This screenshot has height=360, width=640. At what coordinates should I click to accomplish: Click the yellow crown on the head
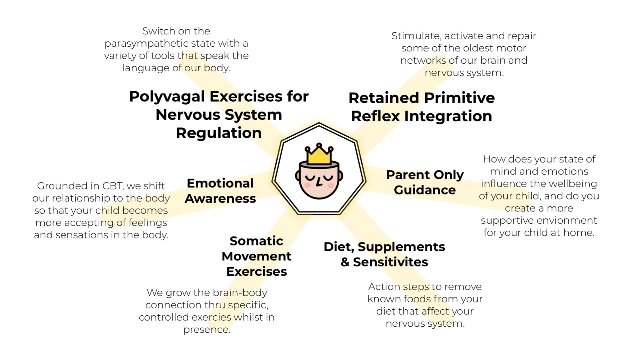click(319, 155)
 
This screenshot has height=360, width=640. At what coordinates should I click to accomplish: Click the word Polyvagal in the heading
click(167, 97)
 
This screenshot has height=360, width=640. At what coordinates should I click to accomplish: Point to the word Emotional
click(220, 183)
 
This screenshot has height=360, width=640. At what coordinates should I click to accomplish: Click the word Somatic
click(256, 241)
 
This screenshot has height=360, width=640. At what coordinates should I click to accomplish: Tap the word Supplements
click(401, 247)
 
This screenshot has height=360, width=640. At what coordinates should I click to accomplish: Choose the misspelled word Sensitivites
click(390, 262)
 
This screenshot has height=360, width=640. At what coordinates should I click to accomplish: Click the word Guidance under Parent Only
click(425, 190)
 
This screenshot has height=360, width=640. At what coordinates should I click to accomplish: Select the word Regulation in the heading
click(219, 133)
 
